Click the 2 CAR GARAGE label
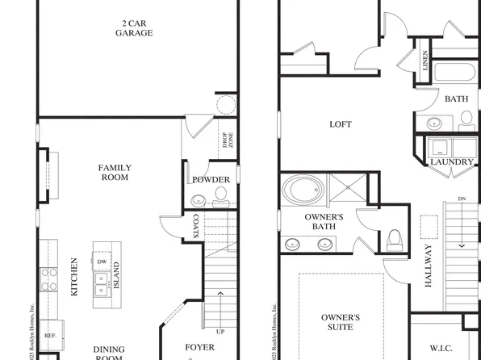pos(133,28)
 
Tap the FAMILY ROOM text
pos(115,173)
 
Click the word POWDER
pos(211,179)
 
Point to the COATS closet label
pos(196,224)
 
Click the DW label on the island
pos(102,262)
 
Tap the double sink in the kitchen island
pos(102,282)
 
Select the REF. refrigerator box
pos(50,334)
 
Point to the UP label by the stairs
pos(220,331)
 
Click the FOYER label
pos(200,348)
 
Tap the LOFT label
pos(341,124)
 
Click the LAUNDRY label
pos(451,162)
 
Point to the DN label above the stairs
pos(461,199)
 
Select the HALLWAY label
pos(428,266)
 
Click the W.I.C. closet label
pos(441,349)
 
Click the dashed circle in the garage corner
pos(225,105)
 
